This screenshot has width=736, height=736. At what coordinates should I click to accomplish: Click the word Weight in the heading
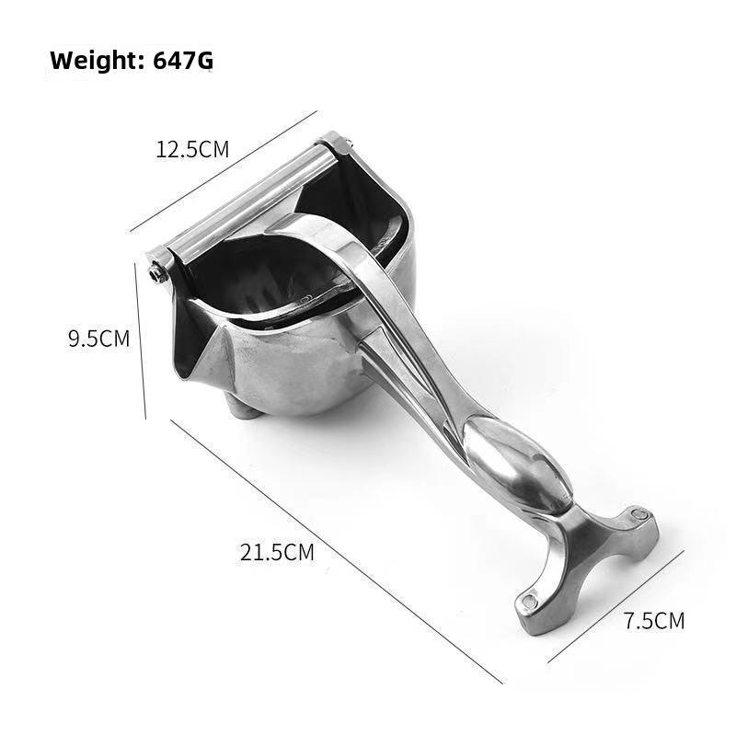98,61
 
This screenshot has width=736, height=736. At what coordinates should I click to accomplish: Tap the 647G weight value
183,61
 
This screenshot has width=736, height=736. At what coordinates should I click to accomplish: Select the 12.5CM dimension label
192,149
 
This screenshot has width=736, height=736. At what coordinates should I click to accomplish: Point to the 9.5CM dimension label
98,339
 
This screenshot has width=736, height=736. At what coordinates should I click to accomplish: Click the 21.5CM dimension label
277,552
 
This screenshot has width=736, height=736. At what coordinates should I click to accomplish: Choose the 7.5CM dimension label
654,620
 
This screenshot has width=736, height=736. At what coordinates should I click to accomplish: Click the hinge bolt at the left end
155,272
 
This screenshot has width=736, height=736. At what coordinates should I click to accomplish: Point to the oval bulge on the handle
516,463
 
